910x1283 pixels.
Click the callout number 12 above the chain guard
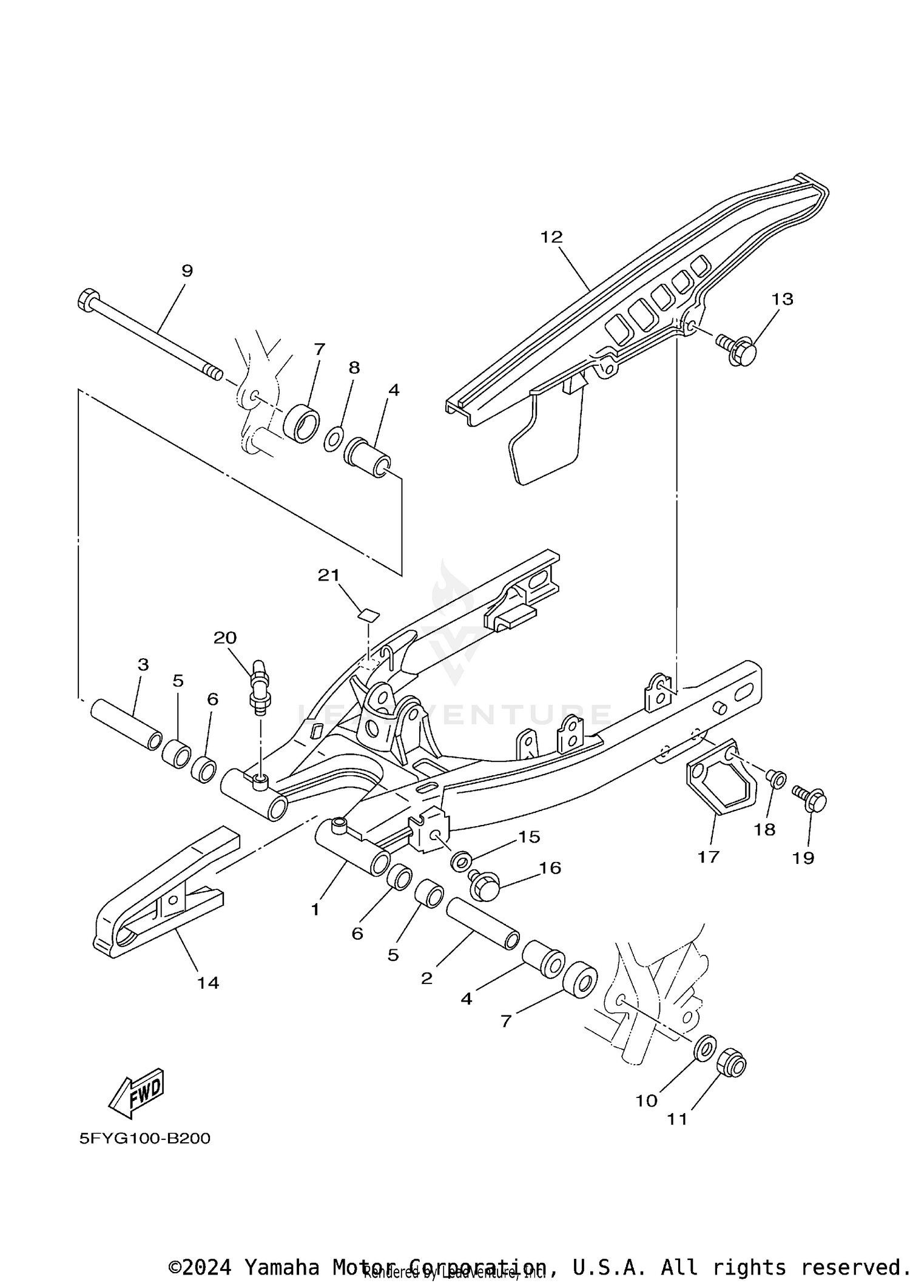(x=551, y=237)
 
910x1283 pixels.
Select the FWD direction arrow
(x=136, y=1093)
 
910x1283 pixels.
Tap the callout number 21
(x=329, y=575)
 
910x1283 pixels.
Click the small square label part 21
(x=368, y=615)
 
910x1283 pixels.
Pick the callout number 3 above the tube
(x=143, y=665)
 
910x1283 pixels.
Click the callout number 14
(x=207, y=983)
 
